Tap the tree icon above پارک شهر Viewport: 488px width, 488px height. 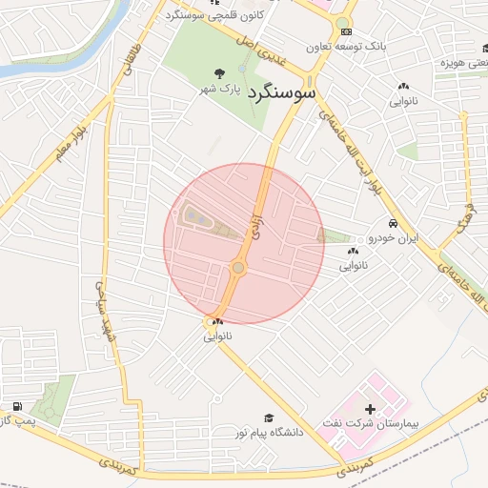pyautogui.click(x=220, y=72)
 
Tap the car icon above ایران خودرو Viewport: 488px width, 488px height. pyautogui.click(x=378, y=223)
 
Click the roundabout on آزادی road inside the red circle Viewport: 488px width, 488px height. pyautogui.click(x=237, y=269)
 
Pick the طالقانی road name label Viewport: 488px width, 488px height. pyautogui.click(x=131, y=64)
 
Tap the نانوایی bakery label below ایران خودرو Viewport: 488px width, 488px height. pyautogui.click(x=353, y=266)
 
